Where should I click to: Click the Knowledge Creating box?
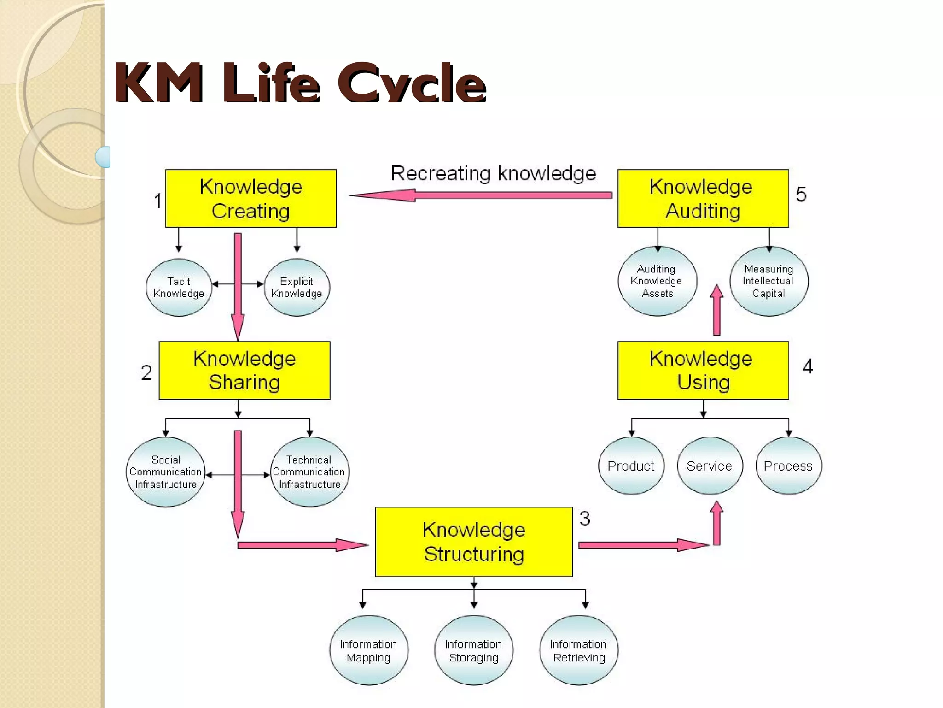[x=251, y=199]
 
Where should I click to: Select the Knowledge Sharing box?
[x=244, y=371]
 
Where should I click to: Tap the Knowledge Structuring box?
[x=474, y=542]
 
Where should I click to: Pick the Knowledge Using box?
[x=703, y=371]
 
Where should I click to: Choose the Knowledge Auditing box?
[x=703, y=199]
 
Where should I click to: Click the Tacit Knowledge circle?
[x=179, y=288]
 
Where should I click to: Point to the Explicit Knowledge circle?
[x=297, y=288]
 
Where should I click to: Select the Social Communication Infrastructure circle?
[x=166, y=472]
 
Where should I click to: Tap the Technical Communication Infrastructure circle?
[x=309, y=472]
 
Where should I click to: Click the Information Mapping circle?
[x=369, y=650]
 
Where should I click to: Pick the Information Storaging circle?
[x=474, y=650]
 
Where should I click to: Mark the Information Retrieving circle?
[x=579, y=650]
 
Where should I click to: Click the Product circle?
[x=631, y=466]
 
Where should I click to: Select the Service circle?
[x=710, y=466]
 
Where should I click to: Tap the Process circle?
[x=788, y=466]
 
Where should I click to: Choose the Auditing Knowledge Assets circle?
[x=657, y=281]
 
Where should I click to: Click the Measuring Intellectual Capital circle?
[x=768, y=281]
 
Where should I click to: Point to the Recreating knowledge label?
[x=493, y=174]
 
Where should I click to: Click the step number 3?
[x=585, y=519]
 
